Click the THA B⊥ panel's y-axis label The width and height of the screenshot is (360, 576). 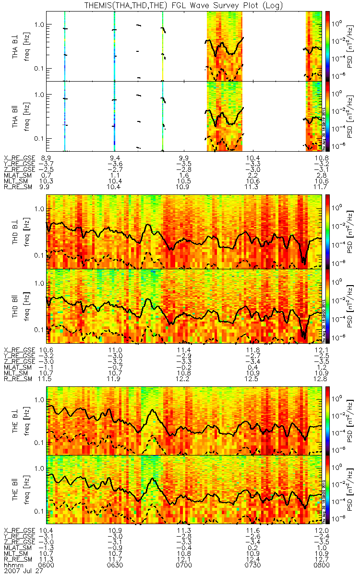17,46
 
